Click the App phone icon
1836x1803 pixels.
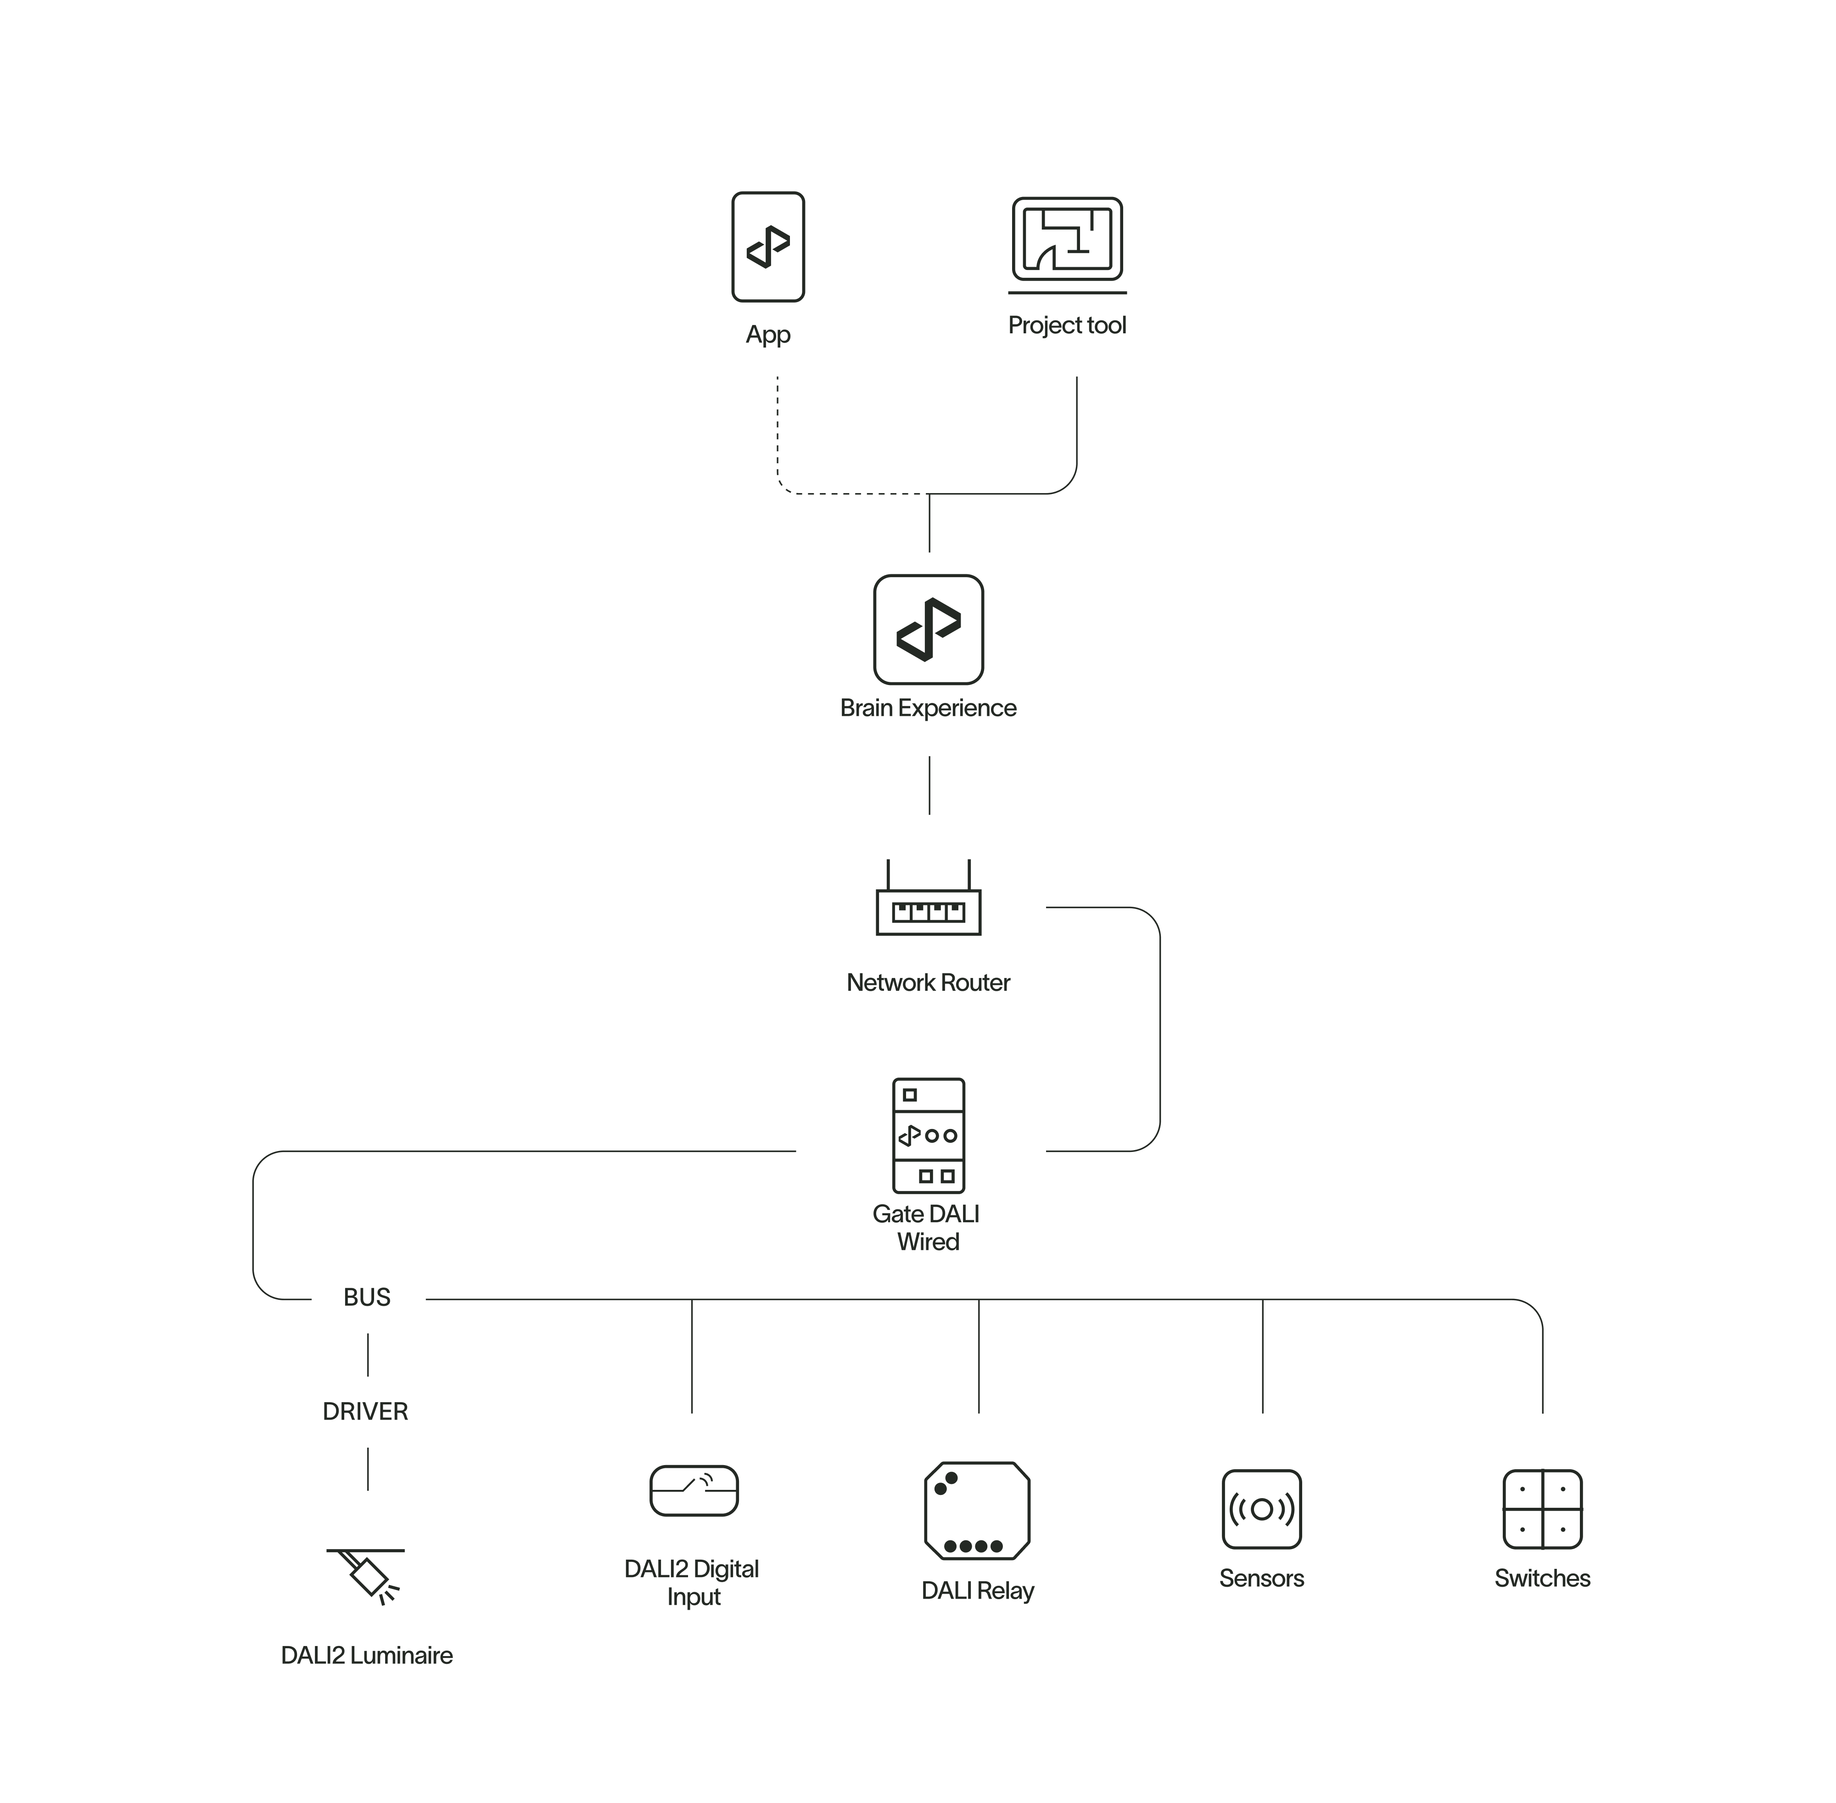[x=768, y=247]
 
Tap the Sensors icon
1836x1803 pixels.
[x=1261, y=1510]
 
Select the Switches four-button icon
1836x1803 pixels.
[x=1542, y=1510]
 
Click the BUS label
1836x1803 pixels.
[x=366, y=1297]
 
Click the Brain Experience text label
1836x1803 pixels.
[x=928, y=708]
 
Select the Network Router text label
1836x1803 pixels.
[x=928, y=983]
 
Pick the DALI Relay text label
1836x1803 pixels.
[x=977, y=1591]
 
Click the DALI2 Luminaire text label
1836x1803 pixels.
[x=366, y=1655]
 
